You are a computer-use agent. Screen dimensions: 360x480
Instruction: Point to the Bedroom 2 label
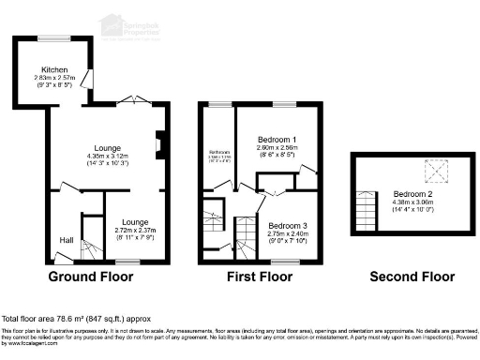pyautogui.click(x=411, y=193)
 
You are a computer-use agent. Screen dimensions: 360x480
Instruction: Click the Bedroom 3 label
pyautogui.click(x=287, y=226)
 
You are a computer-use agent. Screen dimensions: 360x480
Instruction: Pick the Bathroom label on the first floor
pyautogui.click(x=219, y=154)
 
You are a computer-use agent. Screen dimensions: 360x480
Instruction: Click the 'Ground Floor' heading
pyautogui.click(x=92, y=277)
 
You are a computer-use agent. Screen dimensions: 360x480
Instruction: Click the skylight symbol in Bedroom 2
pyautogui.click(x=435, y=172)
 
